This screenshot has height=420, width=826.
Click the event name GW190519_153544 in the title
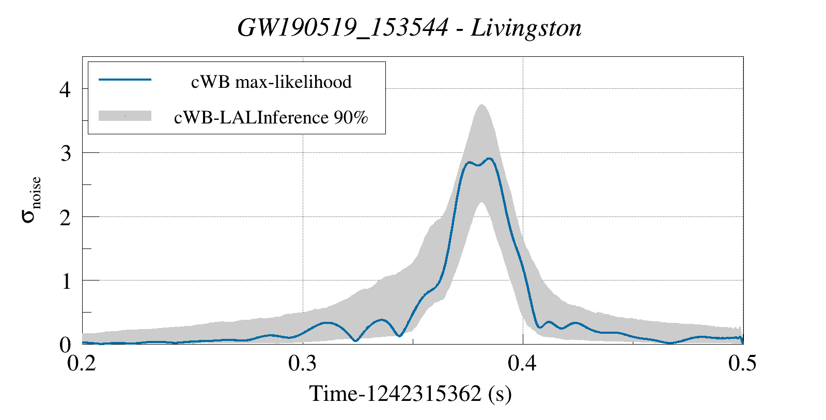[342, 28]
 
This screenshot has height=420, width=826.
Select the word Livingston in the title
[526, 28]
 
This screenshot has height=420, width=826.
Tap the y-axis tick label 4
[66, 90]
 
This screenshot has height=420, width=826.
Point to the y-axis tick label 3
[66, 153]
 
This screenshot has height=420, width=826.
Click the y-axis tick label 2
[66, 217]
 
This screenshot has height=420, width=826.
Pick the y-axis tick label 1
[66, 281]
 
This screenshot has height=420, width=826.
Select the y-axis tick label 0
[66, 345]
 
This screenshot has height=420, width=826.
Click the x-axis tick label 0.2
[82, 364]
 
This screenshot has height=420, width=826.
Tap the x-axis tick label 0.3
[303, 364]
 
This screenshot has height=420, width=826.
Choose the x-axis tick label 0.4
[523, 364]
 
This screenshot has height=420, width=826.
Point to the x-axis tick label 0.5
[742, 364]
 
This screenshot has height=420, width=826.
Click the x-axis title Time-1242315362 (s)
[411, 394]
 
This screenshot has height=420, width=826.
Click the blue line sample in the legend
[125, 80]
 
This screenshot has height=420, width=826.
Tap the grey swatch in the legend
[125, 116]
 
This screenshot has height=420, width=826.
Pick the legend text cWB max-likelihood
[271, 82]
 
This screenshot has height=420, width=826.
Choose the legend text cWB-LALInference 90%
[271, 118]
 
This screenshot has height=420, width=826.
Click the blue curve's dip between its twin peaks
[478, 165]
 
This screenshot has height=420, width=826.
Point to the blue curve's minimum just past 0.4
[539, 327]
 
